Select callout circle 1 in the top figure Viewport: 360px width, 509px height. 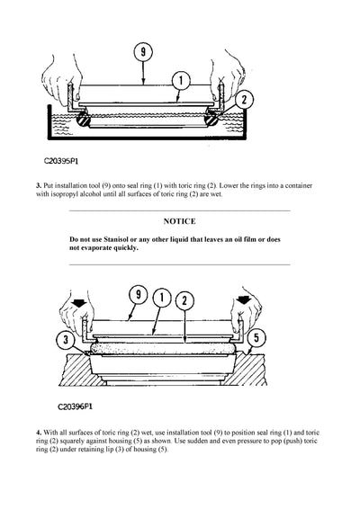click(x=181, y=80)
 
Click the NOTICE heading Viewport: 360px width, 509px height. click(x=179, y=220)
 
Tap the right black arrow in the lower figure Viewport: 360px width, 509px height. click(x=243, y=303)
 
